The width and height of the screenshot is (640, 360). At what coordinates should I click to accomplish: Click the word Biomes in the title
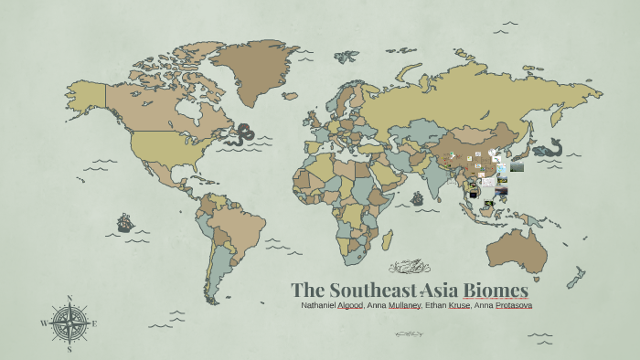496,289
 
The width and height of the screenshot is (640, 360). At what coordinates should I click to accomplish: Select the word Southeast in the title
366,289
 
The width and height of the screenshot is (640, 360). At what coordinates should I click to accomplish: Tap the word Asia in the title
435,289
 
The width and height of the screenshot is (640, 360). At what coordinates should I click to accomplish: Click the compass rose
69,323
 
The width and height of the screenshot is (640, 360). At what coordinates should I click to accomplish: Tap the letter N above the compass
70,299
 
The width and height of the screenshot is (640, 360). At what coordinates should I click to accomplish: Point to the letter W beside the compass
44,323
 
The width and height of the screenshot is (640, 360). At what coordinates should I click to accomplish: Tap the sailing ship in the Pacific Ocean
123,222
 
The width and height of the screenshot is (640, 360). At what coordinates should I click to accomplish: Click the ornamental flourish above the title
410,268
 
